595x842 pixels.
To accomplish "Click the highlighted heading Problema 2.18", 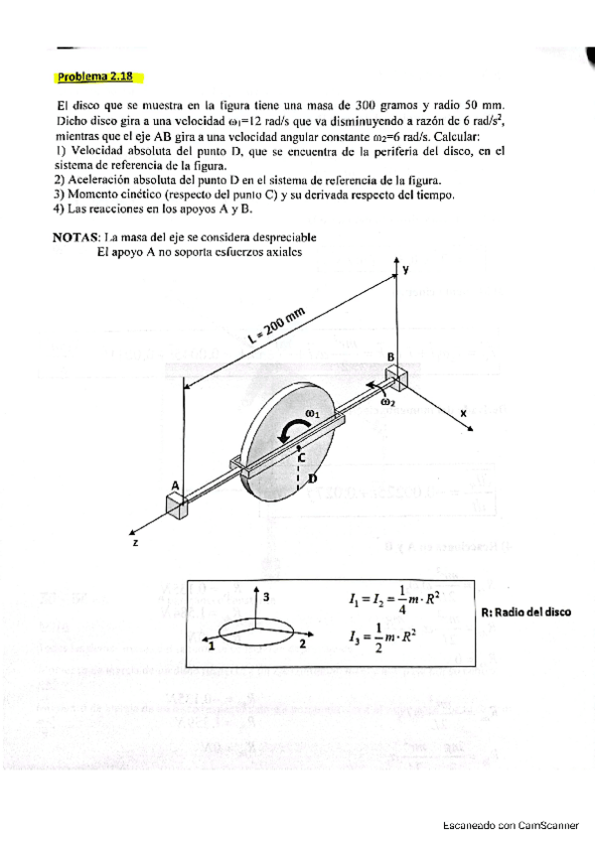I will pos(95,76).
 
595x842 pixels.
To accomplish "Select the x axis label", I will pos(462,411).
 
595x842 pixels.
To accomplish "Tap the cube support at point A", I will pos(179,505).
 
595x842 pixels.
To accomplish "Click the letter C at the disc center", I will pos(301,458).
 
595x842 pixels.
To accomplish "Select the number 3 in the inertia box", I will pos(266,593).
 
